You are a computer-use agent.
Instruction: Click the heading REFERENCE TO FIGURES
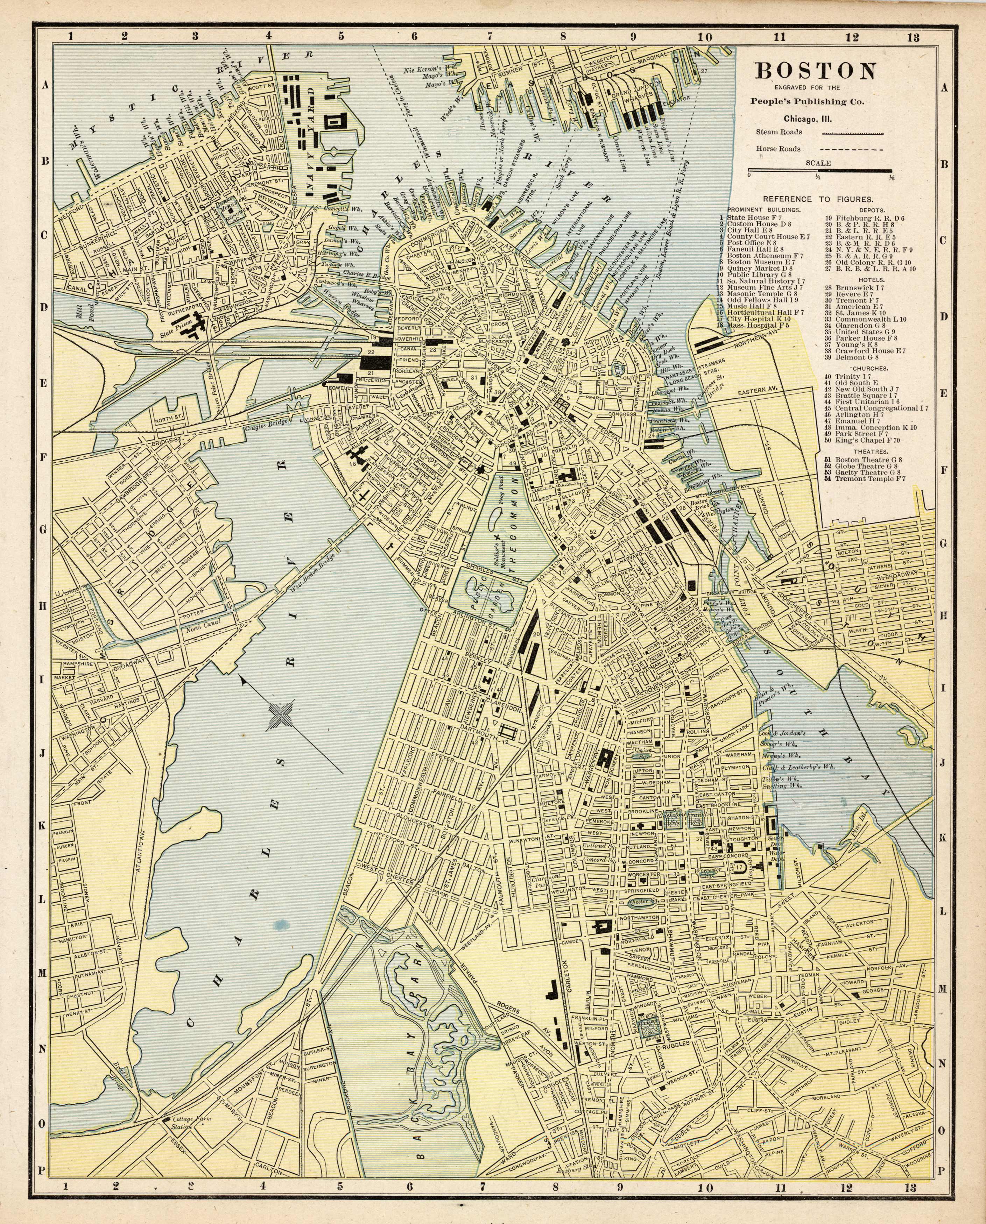[x=818, y=199]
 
